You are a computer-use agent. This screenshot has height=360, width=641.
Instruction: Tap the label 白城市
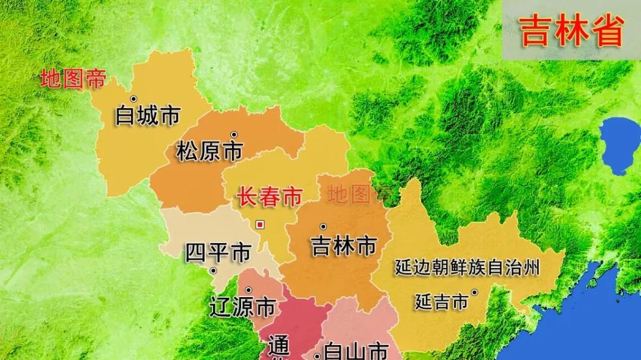[148, 115]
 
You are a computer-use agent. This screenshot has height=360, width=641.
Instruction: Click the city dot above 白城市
[134, 98]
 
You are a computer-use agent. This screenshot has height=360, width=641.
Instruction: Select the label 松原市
[210, 152]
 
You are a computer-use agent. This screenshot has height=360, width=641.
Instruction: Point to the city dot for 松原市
[234, 134]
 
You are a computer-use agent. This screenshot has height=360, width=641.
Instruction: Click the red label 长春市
[270, 197]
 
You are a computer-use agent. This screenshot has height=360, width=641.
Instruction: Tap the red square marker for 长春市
[259, 224]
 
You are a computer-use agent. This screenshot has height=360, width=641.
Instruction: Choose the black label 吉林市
[344, 246]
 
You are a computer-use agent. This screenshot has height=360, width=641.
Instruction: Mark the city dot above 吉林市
[323, 226]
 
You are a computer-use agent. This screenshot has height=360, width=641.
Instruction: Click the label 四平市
[218, 253]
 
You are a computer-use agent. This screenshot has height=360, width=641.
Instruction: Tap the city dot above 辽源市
[248, 289]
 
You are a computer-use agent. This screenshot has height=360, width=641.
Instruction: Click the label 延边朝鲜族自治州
[468, 268]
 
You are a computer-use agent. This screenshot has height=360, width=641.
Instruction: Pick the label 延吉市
[442, 302]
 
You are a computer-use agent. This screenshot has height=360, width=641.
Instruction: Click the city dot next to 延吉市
[474, 292]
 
